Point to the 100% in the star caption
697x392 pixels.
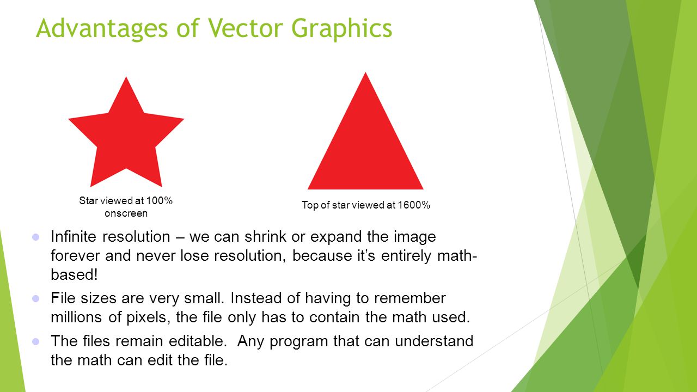pyautogui.click(x=160, y=201)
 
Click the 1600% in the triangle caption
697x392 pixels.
pyautogui.click(x=414, y=205)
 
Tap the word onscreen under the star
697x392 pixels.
pyautogui.click(x=126, y=213)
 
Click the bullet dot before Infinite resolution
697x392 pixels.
pyautogui.click(x=36, y=237)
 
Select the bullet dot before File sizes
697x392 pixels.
pyautogui.click(x=36, y=298)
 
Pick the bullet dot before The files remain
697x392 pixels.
pyautogui.click(x=36, y=341)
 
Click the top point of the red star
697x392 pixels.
pyautogui.click(x=126, y=78)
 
